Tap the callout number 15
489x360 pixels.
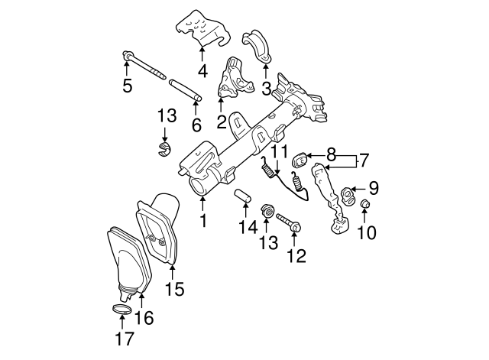(x=175, y=288)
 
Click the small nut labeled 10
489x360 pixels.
(x=365, y=204)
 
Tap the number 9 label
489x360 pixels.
(x=373, y=187)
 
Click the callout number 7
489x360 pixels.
(x=363, y=161)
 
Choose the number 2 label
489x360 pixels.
(x=221, y=121)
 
